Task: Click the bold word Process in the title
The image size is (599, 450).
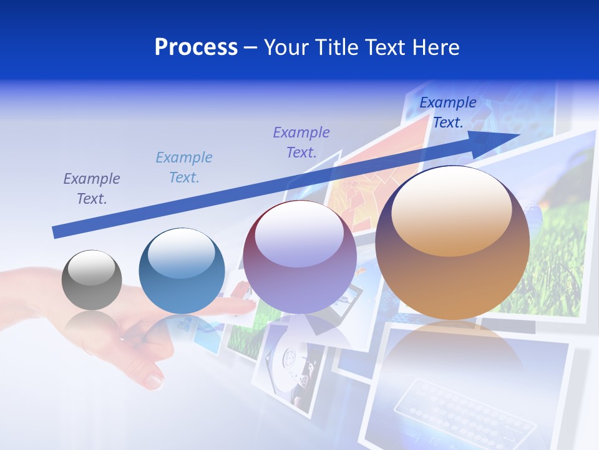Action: [x=196, y=47]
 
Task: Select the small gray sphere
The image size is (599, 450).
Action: [x=92, y=280]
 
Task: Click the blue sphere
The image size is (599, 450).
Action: [x=182, y=271]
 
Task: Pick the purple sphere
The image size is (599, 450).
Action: [x=299, y=257]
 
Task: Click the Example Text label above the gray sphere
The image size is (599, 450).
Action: [x=91, y=189]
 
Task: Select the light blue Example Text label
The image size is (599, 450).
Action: [x=184, y=167]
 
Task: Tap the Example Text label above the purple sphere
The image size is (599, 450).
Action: [x=301, y=142]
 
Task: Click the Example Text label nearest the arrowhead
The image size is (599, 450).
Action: [x=447, y=112]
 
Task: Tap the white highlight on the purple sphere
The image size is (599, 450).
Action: [x=299, y=234]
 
